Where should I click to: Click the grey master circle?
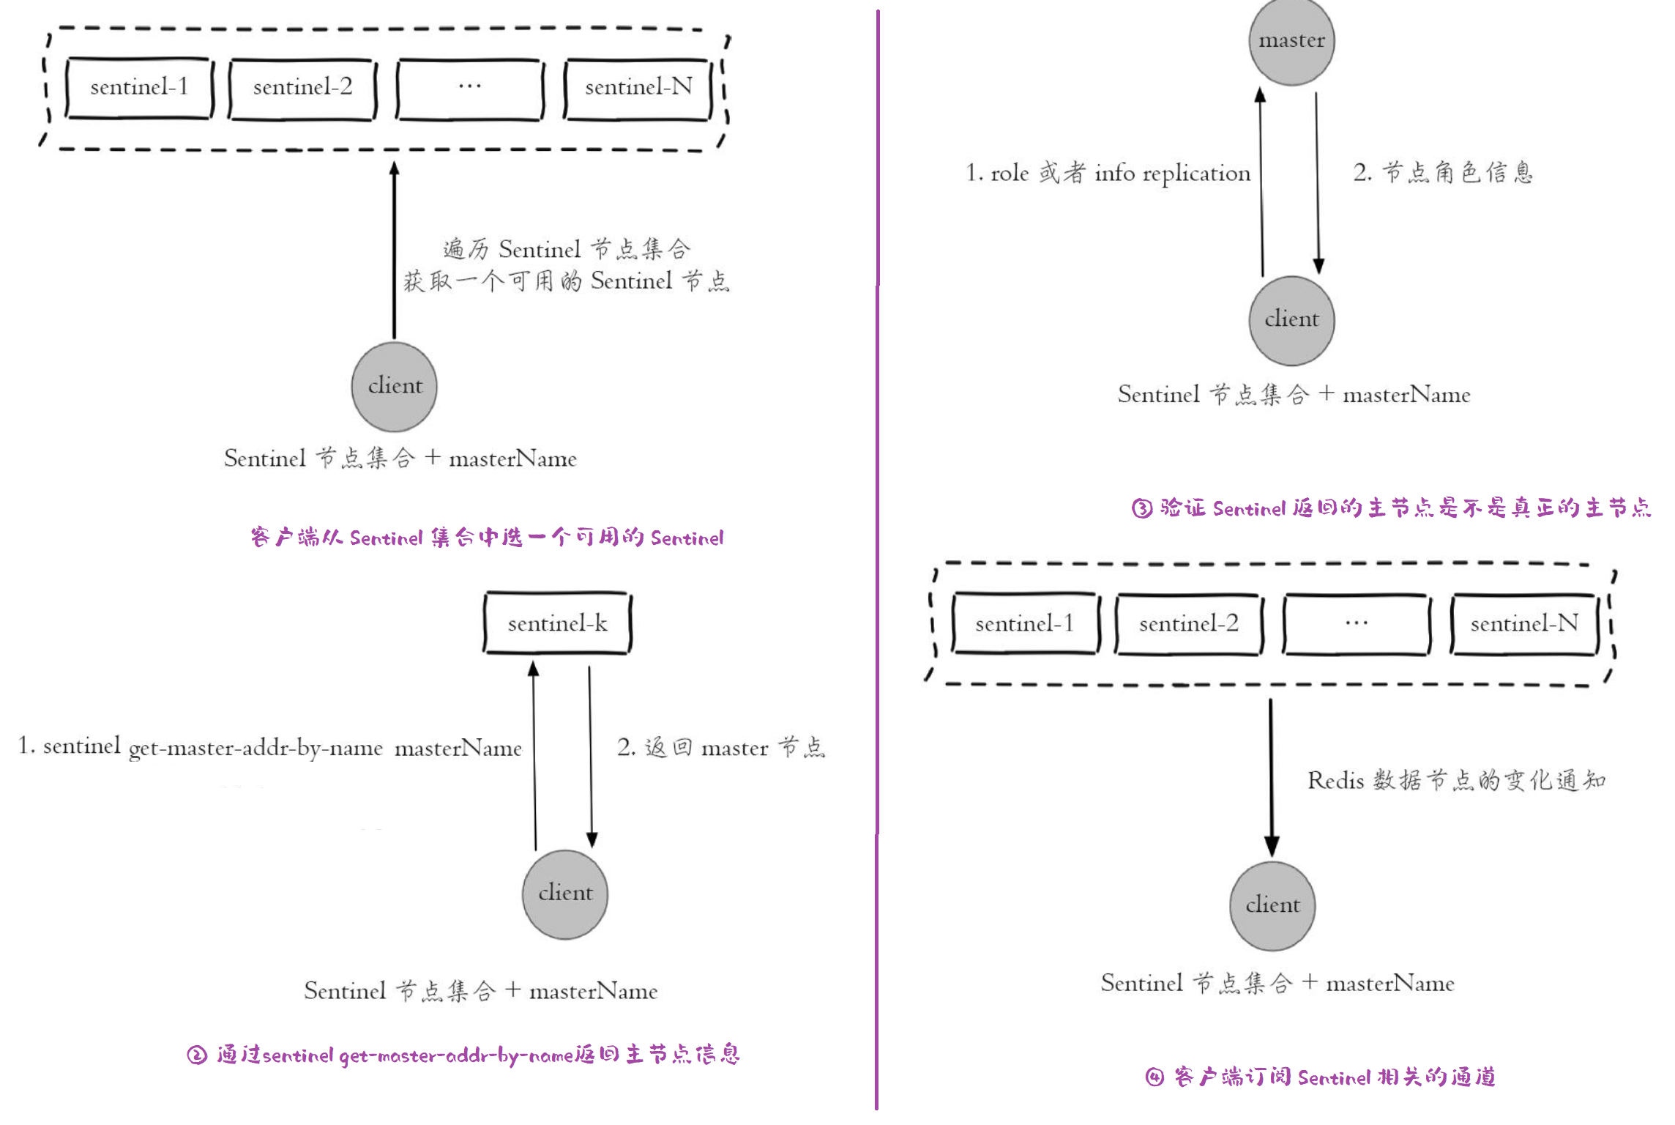point(1291,41)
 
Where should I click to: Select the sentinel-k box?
point(557,623)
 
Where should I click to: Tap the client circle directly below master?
point(1291,320)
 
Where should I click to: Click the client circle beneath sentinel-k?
point(565,894)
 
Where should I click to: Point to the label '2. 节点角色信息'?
point(1442,173)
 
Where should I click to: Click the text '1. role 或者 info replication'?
point(1108,174)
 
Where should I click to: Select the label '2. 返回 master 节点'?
point(721,748)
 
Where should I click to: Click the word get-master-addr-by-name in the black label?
point(255,749)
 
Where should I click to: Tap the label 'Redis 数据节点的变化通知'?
point(1457,780)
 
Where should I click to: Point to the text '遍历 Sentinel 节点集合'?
point(567,249)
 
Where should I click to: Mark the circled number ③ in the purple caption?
point(1142,508)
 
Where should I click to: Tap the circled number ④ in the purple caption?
point(1154,1077)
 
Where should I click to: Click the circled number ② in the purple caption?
point(197,1055)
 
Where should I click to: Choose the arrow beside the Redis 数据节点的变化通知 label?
point(1271,776)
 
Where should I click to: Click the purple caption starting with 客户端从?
point(487,538)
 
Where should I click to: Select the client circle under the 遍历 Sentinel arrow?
point(395,387)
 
